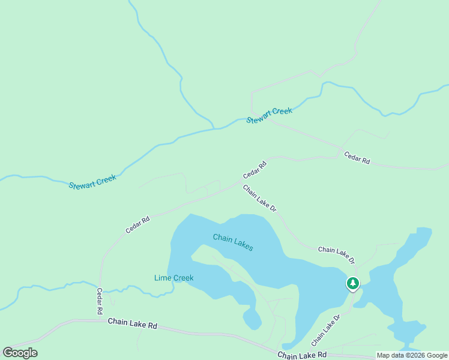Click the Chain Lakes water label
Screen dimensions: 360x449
pos(233,242)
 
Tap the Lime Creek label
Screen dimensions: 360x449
pos(173,278)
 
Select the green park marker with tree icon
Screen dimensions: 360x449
pos(353,283)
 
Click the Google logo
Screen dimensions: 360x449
pos(20,353)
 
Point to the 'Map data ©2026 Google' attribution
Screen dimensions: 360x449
pos(412,355)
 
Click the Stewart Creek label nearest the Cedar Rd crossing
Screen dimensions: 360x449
pos(270,115)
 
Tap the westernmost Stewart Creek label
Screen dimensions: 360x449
pos(92,182)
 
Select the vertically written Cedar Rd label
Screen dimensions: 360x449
pos(100,302)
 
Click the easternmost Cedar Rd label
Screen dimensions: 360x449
pos(357,158)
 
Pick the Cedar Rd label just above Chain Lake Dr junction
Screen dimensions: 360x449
pos(255,170)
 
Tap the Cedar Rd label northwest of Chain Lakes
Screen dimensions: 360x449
pos(137,225)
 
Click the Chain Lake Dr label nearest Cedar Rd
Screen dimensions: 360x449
pos(259,198)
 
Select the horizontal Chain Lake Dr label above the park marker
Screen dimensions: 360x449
pos(336,255)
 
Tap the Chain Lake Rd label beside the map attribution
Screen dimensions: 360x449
pos(302,356)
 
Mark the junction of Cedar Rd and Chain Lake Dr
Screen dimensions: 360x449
pos(240,182)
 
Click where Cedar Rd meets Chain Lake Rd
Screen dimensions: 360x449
pos(100,320)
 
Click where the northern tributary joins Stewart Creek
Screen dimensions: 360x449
pos(214,128)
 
